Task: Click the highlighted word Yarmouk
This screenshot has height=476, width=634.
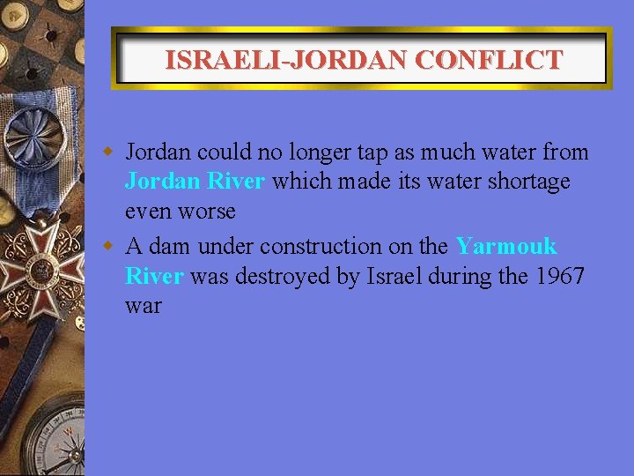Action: (x=506, y=246)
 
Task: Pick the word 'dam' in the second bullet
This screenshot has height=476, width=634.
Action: (x=168, y=246)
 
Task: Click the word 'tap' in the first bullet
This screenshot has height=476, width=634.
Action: (x=373, y=153)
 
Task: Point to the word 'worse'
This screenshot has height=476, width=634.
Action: (x=207, y=212)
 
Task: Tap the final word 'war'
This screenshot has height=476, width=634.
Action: (x=143, y=308)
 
